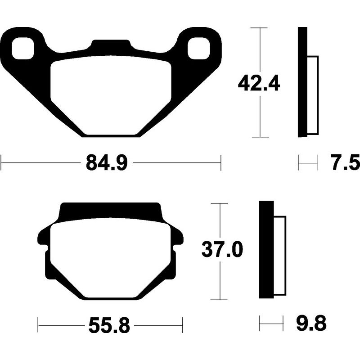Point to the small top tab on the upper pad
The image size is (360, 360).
(x=110, y=45)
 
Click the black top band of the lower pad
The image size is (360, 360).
(x=110, y=210)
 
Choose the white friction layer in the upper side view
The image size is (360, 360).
(x=312, y=95)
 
